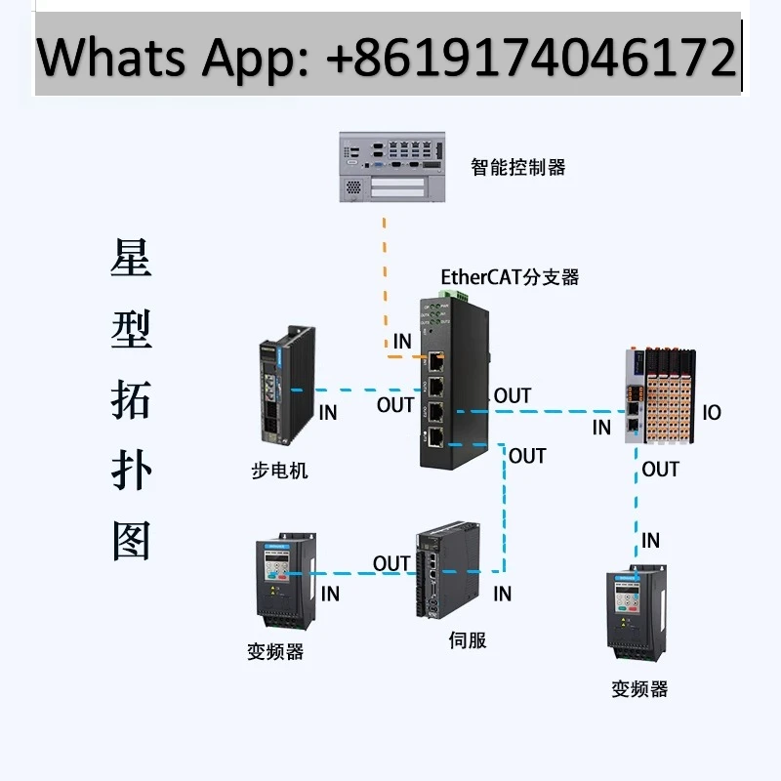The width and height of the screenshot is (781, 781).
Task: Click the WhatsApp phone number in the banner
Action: tap(531, 58)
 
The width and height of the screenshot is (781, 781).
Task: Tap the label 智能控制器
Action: tap(518, 167)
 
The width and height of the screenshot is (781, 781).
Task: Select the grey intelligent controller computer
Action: tap(392, 167)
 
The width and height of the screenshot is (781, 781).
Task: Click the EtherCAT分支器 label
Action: tap(510, 277)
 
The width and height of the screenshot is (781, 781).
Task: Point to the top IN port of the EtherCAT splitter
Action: tap(435, 361)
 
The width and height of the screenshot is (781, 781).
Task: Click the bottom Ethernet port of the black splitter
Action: tap(435, 436)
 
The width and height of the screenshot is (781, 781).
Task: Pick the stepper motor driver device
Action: tap(287, 384)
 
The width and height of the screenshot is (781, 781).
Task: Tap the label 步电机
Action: tap(279, 471)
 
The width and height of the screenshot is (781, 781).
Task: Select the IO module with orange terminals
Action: tap(660, 396)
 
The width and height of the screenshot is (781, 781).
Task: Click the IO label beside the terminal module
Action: tap(712, 412)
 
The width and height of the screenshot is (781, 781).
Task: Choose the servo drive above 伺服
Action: tap(448, 570)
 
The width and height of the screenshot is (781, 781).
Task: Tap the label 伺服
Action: tap(468, 640)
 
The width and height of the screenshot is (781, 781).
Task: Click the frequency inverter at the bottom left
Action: tap(286, 581)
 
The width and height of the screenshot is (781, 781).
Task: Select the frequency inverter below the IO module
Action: tap(637, 613)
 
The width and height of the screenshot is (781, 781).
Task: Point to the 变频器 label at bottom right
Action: tap(639, 689)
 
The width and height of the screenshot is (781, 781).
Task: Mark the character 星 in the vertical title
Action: tap(131, 258)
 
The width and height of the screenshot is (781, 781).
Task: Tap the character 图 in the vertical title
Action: tap(131, 541)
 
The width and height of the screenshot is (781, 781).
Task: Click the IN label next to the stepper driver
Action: tap(328, 412)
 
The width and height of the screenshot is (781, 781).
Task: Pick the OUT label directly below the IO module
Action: tap(661, 470)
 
